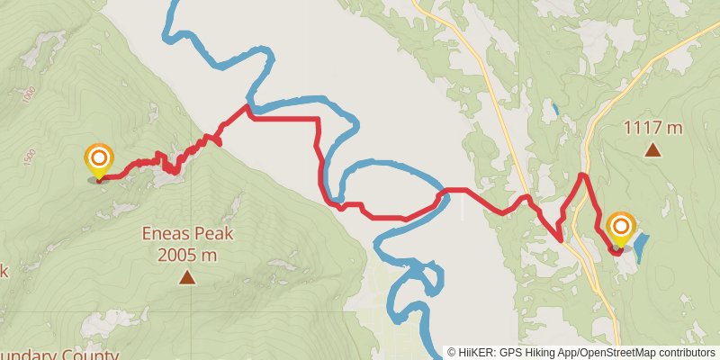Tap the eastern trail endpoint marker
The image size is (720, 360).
coord(621,227)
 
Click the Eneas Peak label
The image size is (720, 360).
coord(187,235)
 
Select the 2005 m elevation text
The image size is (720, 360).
coord(187,255)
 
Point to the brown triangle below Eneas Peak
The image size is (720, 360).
coord(187,277)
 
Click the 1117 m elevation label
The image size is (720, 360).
coord(652,128)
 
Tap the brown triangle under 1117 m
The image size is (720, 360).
coord(652,150)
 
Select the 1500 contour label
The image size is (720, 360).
coord(30,156)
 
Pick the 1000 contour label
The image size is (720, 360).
coord(31,93)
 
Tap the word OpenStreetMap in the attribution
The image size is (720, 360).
coord(617,353)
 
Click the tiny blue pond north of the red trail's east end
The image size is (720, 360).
coord(555,111)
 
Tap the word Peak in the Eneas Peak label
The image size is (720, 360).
coord(212,235)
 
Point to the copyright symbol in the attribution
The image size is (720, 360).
coord(452,353)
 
